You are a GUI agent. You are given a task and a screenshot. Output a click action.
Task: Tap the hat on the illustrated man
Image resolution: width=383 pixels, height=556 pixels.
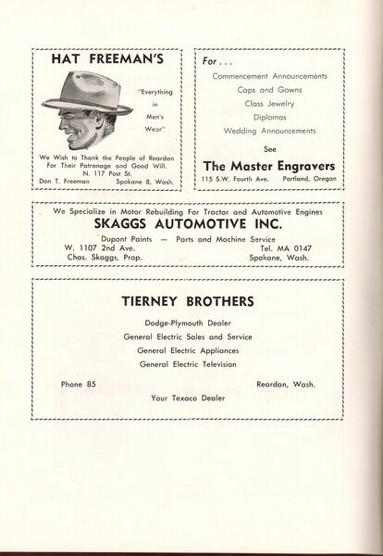tap(93, 95)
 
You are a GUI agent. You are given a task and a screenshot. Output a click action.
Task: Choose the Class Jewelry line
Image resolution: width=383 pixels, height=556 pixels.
tap(269, 104)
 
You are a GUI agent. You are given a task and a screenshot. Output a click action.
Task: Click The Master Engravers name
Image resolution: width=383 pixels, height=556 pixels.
tap(268, 164)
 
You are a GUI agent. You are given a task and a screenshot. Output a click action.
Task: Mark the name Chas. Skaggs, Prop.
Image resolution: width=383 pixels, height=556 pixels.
tap(96, 257)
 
